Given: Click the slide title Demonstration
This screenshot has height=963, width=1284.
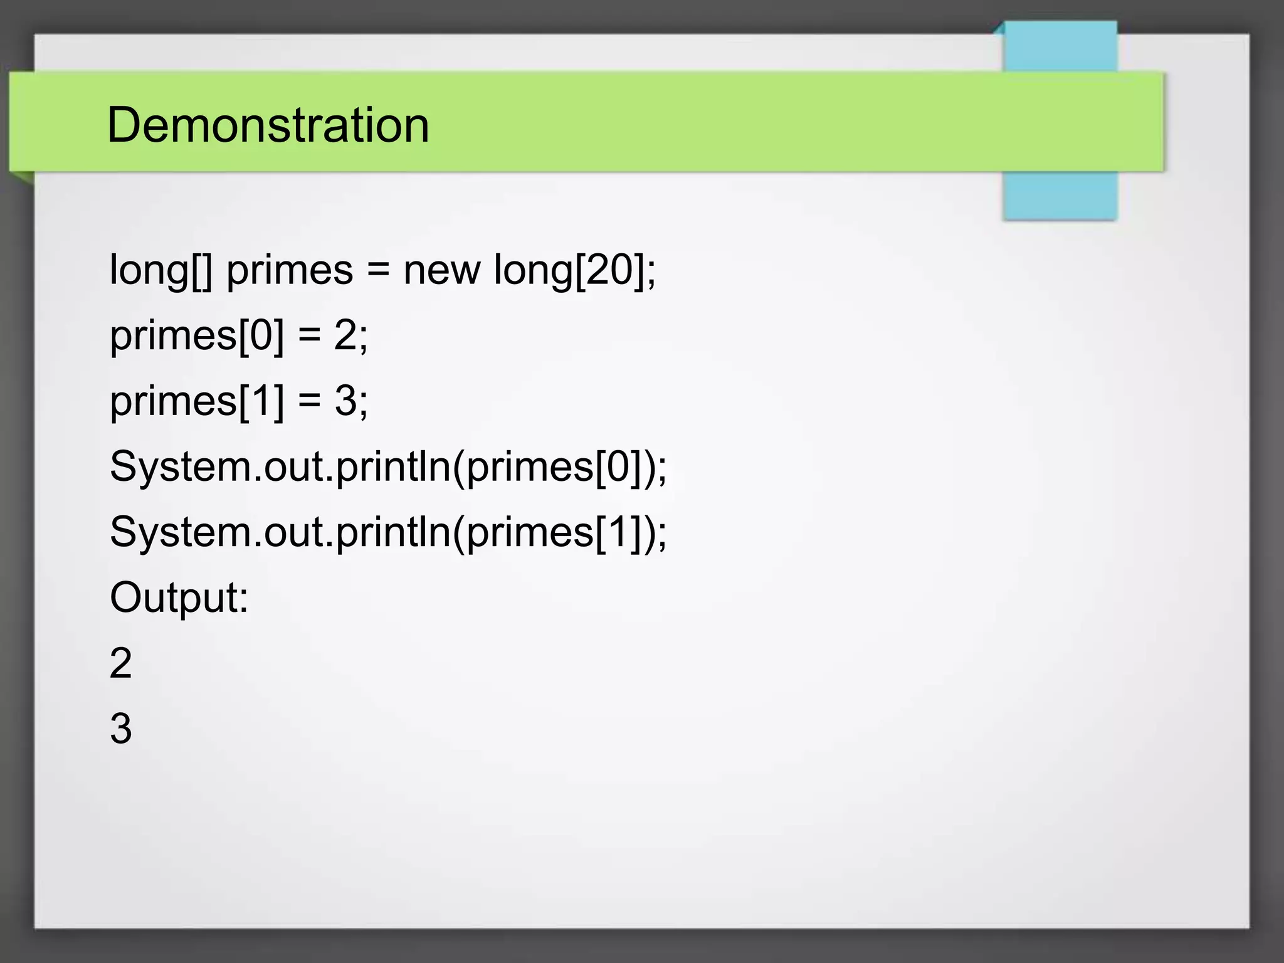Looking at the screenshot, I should [x=268, y=125].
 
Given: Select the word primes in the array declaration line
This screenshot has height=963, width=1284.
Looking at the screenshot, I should [x=290, y=271].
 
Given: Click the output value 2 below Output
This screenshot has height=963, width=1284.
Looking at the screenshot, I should [x=121, y=663].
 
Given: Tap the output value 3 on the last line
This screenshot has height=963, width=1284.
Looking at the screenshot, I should [x=121, y=729].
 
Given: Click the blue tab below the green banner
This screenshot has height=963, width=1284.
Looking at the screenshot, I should [x=1060, y=195].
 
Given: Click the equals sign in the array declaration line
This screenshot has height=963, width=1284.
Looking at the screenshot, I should [x=378, y=270].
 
